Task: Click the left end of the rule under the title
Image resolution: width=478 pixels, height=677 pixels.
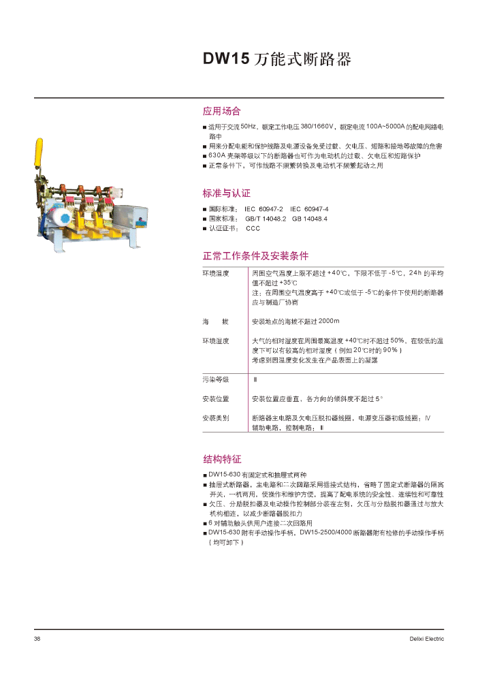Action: click(34, 98)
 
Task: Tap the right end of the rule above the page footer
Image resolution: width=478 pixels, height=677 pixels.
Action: click(444, 629)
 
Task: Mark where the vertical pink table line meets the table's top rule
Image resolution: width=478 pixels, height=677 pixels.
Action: click(249, 267)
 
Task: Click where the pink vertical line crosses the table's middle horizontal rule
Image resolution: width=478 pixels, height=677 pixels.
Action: click(249, 373)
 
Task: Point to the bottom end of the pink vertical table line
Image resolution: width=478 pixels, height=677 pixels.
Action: click(249, 432)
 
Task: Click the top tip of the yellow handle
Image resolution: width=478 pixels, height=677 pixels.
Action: click(39, 138)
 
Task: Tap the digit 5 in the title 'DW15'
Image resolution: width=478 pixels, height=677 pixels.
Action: click(244, 59)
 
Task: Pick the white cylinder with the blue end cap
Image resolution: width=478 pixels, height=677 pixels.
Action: click(58, 219)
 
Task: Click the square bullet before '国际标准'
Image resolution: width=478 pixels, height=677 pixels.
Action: click(205, 209)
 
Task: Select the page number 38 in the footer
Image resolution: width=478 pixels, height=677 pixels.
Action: click(37, 639)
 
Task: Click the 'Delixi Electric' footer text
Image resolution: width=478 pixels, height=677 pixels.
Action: click(427, 639)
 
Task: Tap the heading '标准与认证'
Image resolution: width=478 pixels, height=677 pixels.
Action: click(226, 193)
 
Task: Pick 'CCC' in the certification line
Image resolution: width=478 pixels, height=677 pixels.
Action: click(253, 228)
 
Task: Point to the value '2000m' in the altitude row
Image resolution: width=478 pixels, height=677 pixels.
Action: click(329, 321)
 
